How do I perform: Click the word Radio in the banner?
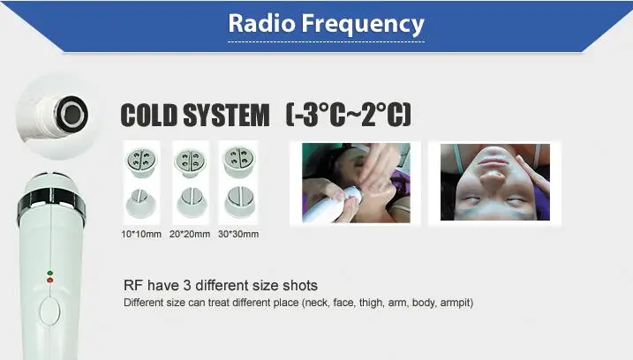coord(261,23)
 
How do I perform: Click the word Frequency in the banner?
coord(364,24)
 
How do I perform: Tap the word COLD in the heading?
coord(149,115)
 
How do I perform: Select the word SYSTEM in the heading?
coord(226,115)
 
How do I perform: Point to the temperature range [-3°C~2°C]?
coord(349,115)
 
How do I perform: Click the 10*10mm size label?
coord(141,234)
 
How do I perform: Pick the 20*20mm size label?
coord(190,234)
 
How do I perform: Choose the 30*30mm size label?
coord(238,234)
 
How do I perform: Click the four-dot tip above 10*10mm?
coord(141,162)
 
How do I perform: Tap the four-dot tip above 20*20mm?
coord(190,162)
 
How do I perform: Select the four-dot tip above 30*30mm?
coord(239,161)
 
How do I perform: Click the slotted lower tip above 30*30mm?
coord(239,202)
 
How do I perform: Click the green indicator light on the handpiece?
coord(50,274)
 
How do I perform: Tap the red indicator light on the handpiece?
coord(50,280)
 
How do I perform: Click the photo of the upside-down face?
coord(495,182)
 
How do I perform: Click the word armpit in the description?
coord(456,303)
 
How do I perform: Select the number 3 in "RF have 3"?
coord(187,285)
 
